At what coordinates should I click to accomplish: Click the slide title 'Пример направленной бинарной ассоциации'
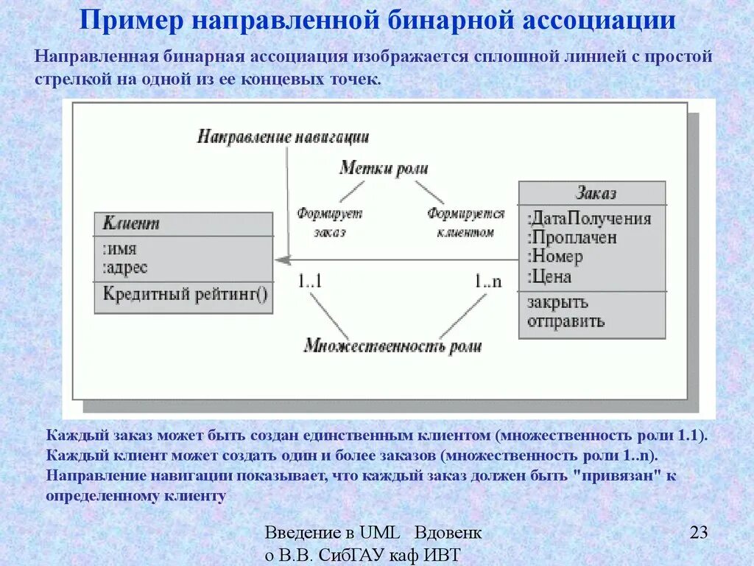(377, 19)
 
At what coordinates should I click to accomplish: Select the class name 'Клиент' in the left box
(132, 223)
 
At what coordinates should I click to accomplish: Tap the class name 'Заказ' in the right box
(596, 194)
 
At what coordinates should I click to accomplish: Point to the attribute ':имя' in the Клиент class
(120, 249)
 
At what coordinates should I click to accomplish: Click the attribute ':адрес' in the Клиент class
(125, 268)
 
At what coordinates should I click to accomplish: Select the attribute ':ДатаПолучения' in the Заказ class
(589, 219)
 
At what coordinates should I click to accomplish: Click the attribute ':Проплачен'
(572, 238)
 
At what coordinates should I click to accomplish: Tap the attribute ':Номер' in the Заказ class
(555, 257)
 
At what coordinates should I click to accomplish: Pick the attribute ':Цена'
(549, 277)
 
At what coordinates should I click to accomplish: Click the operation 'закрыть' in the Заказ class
(557, 303)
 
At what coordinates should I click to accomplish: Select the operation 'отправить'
(565, 321)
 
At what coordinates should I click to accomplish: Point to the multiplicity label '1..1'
(311, 281)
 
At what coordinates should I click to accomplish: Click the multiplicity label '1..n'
(487, 281)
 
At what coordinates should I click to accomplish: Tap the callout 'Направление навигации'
(283, 137)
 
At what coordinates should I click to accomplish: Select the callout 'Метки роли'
(384, 168)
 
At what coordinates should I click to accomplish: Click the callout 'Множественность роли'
(392, 346)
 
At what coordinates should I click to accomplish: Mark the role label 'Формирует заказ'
(330, 223)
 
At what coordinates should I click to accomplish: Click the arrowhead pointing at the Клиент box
(281, 259)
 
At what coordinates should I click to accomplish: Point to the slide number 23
(699, 532)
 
